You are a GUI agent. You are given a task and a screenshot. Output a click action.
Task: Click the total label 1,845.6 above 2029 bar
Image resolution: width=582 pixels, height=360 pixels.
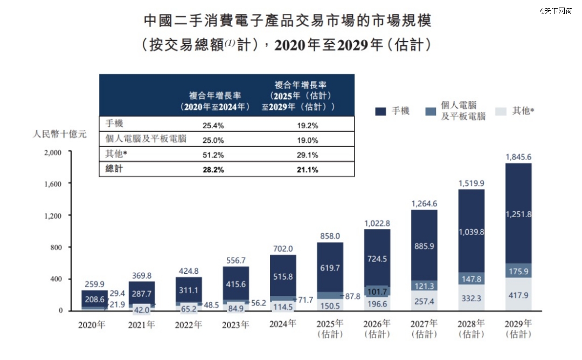point(518,157)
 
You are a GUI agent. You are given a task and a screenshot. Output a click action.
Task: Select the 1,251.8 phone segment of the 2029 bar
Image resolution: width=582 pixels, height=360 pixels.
point(518,214)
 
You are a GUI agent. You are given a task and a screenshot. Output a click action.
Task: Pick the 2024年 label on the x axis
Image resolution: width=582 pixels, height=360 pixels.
point(282,324)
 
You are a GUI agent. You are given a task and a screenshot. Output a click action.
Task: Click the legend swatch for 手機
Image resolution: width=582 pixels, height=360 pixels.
point(381,112)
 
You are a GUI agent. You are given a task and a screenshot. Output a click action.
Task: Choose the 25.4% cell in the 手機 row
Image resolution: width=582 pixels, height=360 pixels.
point(212,126)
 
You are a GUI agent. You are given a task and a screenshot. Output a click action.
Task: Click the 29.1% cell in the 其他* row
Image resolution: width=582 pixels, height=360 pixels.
point(307,155)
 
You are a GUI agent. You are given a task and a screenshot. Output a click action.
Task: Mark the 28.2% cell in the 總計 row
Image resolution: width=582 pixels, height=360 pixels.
point(212,170)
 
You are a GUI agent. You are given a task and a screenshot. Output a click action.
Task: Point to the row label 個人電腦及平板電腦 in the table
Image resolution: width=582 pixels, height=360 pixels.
point(146,139)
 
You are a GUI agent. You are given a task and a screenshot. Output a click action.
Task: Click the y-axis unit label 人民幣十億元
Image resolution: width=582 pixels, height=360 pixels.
point(59,134)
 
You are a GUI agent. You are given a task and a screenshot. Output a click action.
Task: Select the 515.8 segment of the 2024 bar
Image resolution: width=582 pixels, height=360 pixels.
point(282,276)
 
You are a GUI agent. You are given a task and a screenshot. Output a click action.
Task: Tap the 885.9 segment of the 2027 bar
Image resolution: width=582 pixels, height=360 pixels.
point(424,246)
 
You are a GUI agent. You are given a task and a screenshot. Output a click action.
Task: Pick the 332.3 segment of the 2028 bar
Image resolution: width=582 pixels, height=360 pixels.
point(472,297)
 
